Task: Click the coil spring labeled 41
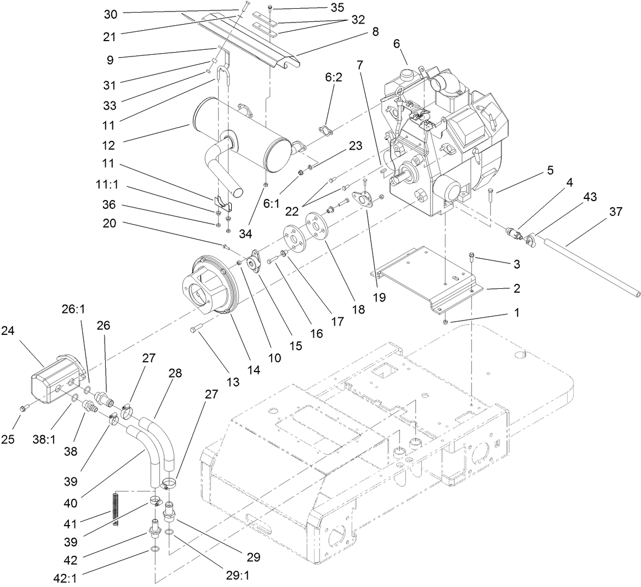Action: point(115,508)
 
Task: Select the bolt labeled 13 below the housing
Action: point(197,329)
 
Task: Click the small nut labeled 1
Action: point(445,321)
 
